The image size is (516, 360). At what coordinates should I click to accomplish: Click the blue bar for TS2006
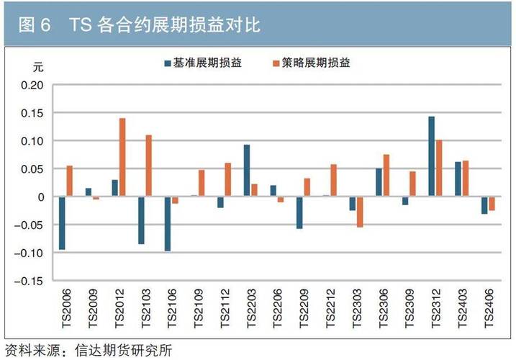pyautogui.click(x=62, y=223)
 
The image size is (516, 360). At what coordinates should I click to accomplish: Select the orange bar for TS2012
pyautogui.click(x=122, y=157)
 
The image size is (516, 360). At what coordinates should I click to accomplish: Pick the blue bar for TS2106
pyautogui.click(x=168, y=224)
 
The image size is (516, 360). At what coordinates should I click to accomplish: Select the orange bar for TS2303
pyautogui.click(x=360, y=212)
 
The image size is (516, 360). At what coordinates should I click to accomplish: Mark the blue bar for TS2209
pyautogui.click(x=299, y=212)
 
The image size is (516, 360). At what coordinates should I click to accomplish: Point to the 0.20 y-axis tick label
pyautogui.click(x=34, y=86)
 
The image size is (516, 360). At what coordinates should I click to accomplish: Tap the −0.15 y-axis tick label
pyautogui.click(x=31, y=281)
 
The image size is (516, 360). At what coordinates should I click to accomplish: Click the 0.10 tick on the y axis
pyautogui.click(x=34, y=141)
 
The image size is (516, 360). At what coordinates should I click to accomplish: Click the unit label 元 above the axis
pyautogui.click(x=39, y=68)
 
